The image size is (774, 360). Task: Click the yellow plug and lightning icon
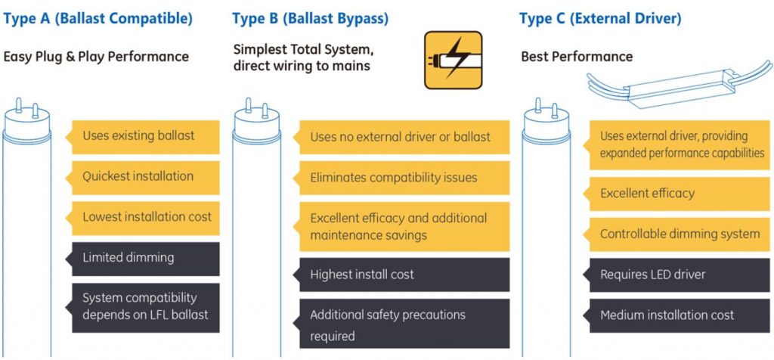pos(453,60)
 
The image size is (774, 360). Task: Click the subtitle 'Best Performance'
pos(577,57)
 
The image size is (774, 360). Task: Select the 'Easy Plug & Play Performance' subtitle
pos(97,57)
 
